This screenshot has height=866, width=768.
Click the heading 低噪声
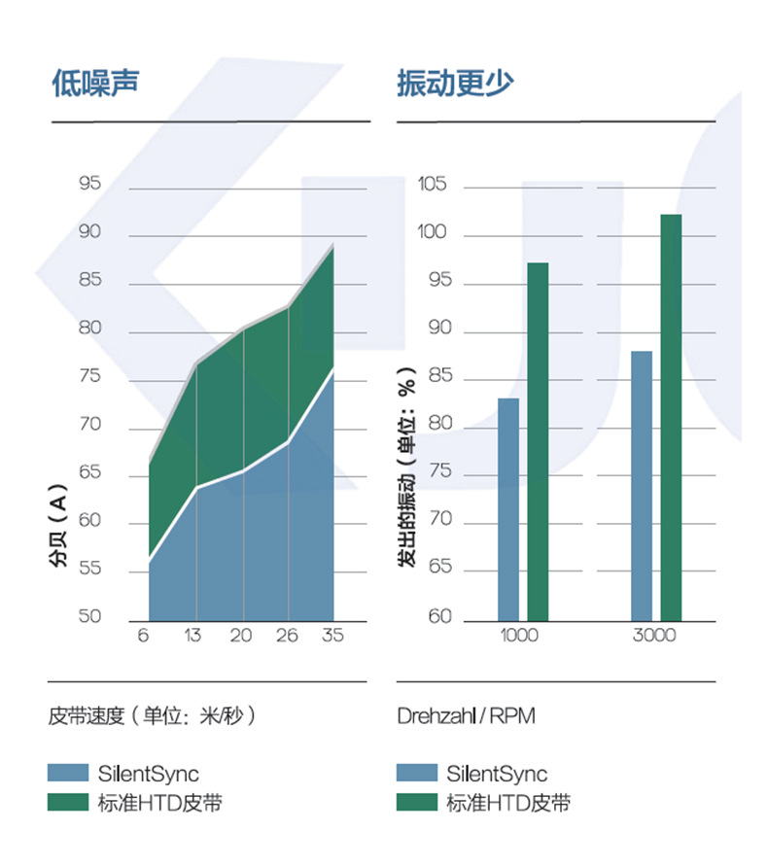95,82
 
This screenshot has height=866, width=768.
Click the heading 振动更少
455,82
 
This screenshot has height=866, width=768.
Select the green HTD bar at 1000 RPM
538,441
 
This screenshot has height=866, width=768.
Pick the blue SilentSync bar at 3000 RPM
642,485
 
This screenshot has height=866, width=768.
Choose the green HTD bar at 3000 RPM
671,417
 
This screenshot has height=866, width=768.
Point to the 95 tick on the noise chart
89,184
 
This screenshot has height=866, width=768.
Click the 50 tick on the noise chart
89,616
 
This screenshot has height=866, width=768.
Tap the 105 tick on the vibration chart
432,184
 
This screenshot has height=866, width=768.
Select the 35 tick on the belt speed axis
332,636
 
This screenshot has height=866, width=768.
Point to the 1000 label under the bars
519,636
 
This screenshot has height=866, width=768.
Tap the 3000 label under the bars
653,636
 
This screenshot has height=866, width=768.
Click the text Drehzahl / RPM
466,716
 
